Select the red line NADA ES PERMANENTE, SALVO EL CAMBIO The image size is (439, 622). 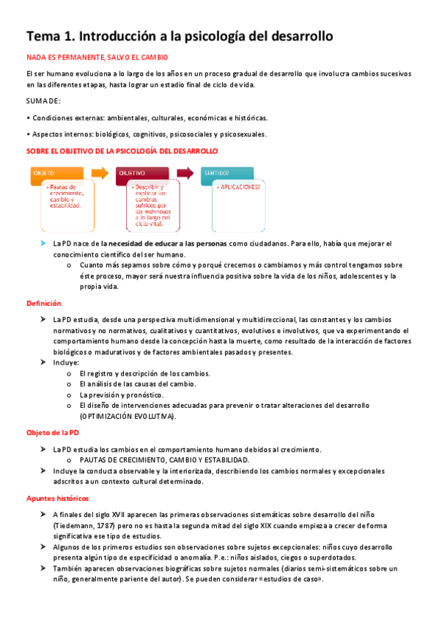point(97,56)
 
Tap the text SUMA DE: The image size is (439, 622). point(44,100)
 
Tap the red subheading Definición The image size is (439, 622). point(44,303)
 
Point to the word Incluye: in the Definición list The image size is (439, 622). point(66,362)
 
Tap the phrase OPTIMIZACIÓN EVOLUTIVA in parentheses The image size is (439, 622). point(127,416)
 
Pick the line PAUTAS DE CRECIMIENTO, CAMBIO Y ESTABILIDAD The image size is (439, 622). point(164,460)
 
